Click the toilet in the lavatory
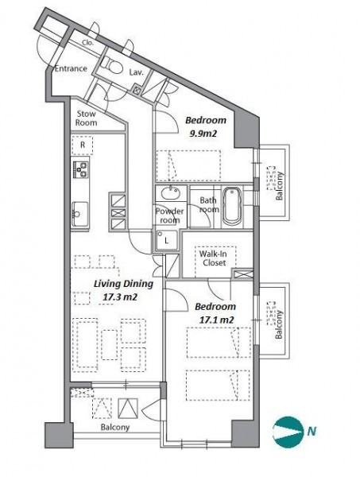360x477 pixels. pyautogui.click(x=111, y=65)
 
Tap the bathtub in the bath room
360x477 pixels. pyautogui.click(x=232, y=206)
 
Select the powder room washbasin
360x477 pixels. pyautogui.click(x=171, y=193)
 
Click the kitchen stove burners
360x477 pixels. pyautogui.click(x=80, y=169)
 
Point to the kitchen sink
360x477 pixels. pyautogui.click(x=79, y=214)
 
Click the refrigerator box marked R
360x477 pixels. pyautogui.click(x=83, y=145)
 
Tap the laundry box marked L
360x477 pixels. pyautogui.click(x=166, y=240)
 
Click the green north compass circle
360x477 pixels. pyautogui.click(x=288, y=432)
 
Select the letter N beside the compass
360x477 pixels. pyautogui.click(x=312, y=432)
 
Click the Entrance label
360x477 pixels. pyautogui.click(x=71, y=68)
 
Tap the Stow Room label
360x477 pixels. pyautogui.click(x=87, y=118)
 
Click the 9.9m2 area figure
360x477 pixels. pyautogui.click(x=203, y=134)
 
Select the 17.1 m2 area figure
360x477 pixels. pyautogui.click(x=216, y=320)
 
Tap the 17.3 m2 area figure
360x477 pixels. pyautogui.click(x=119, y=297)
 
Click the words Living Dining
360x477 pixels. pyautogui.click(x=123, y=284)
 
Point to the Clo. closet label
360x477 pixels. pyautogui.click(x=87, y=43)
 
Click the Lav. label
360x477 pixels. pyautogui.click(x=136, y=72)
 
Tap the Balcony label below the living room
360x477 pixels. pyautogui.click(x=115, y=428)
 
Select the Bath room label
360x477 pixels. pyautogui.click(x=209, y=205)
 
